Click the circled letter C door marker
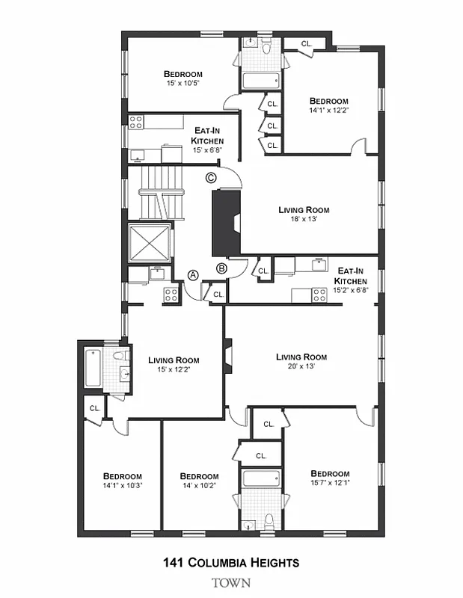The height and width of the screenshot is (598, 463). pyautogui.click(x=211, y=178)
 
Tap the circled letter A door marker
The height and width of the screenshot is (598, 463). pyautogui.click(x=193, y=275)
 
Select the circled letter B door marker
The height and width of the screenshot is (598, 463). pyautogui.click(x=221, y=268)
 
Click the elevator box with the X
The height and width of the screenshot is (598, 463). pyautogui.click(x=150, y=244)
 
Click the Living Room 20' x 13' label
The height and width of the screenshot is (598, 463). pyautogui.click(x=301, y=362)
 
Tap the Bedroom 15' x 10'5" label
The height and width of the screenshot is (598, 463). pyautogui.click(x=183, y=78)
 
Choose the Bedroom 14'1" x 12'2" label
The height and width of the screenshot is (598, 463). pyautogui.click(x=329, y=105)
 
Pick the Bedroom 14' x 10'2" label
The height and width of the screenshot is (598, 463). pyautogui.click(x=199, y=481)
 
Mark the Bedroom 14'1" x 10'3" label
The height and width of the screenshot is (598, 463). pyautogui.click(x=122, y=481)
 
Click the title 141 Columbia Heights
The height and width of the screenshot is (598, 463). pyautogui.click(x=231, y=562)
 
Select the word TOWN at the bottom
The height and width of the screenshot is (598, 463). pyautogui.click(x=231, y=583)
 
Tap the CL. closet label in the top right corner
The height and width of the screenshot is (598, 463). pyautogui.click(x=306, y=44)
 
